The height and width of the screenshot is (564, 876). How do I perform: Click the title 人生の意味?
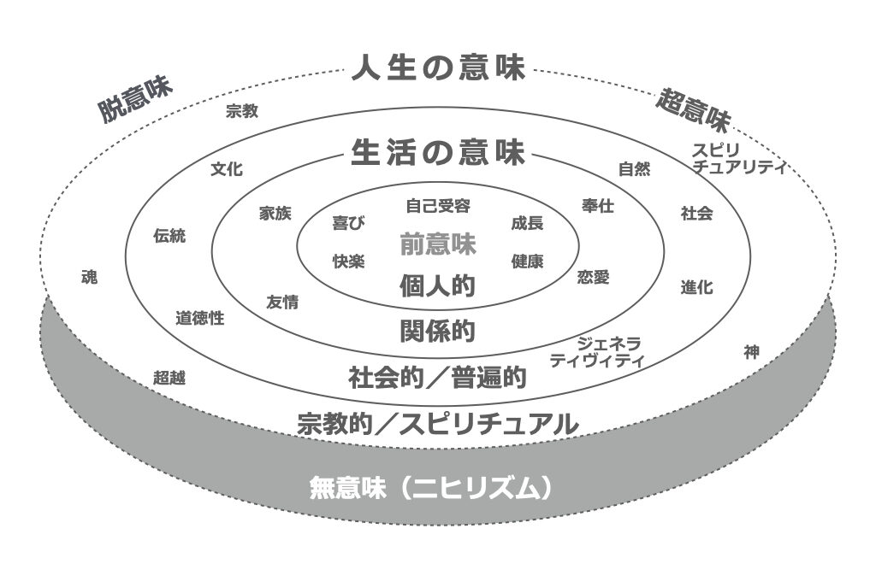pos(437,68)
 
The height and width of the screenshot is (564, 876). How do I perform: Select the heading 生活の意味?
pos(437,153)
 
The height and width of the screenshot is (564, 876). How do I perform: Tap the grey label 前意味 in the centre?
pos(437,244)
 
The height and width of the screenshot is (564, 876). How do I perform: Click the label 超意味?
pos(693,109)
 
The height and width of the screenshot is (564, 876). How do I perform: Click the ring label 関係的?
pos(437,331)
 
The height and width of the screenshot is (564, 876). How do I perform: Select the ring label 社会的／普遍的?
pos(437,377)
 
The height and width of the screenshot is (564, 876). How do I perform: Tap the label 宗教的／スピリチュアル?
pos(437,423)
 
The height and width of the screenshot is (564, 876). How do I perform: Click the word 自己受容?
pos(437,206)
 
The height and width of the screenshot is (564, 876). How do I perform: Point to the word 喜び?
pos(348,224)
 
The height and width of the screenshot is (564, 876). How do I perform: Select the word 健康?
pos(527,261)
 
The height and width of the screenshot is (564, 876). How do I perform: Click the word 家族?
pos(276,214)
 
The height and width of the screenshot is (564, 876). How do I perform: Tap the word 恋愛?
pos(593,277)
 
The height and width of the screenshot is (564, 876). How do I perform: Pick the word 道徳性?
pos(199,318)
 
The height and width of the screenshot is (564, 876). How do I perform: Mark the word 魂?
pos(89,278)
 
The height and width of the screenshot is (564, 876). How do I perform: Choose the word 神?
pos(751,351)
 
